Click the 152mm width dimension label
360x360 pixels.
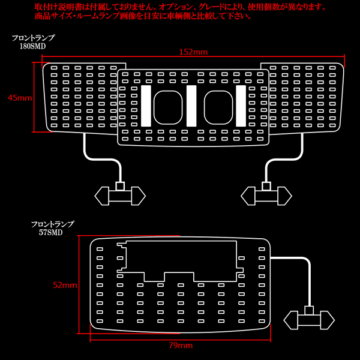click(193, 52)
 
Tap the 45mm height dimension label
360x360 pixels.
click(20, 98)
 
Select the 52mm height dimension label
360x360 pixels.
click(65, 285)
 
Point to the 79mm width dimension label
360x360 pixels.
click(181, 346)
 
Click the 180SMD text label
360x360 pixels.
click(32, 46)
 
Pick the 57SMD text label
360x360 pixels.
click(51, 233)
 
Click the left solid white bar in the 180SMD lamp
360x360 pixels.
click(146, 106)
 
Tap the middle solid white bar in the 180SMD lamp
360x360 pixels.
click(191, 106)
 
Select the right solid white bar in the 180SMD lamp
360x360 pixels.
click(241, 106)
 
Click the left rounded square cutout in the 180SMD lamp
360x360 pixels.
click(154, 107)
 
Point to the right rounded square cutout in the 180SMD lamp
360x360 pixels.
click(204, 107)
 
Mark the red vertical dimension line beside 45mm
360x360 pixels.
click(34, 97)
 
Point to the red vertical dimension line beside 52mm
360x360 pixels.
click(79, 284)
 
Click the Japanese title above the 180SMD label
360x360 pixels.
click(34, 38)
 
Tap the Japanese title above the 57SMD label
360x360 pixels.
click(53, 224)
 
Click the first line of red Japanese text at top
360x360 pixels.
click(181, 7)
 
